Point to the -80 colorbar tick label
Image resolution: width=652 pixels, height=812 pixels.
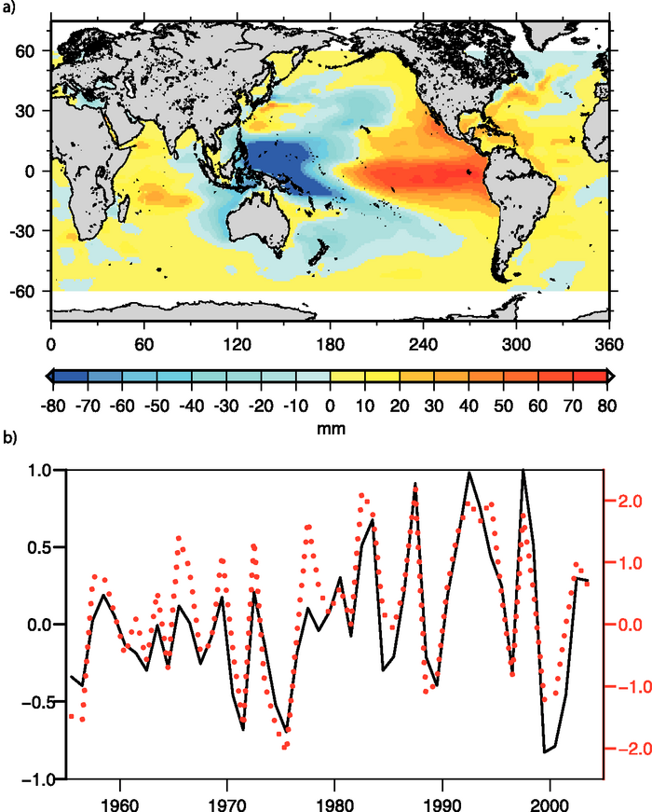[52, 395]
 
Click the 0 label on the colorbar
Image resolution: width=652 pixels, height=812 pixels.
[331, 395]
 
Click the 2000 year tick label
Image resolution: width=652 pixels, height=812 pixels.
[549, 799]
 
